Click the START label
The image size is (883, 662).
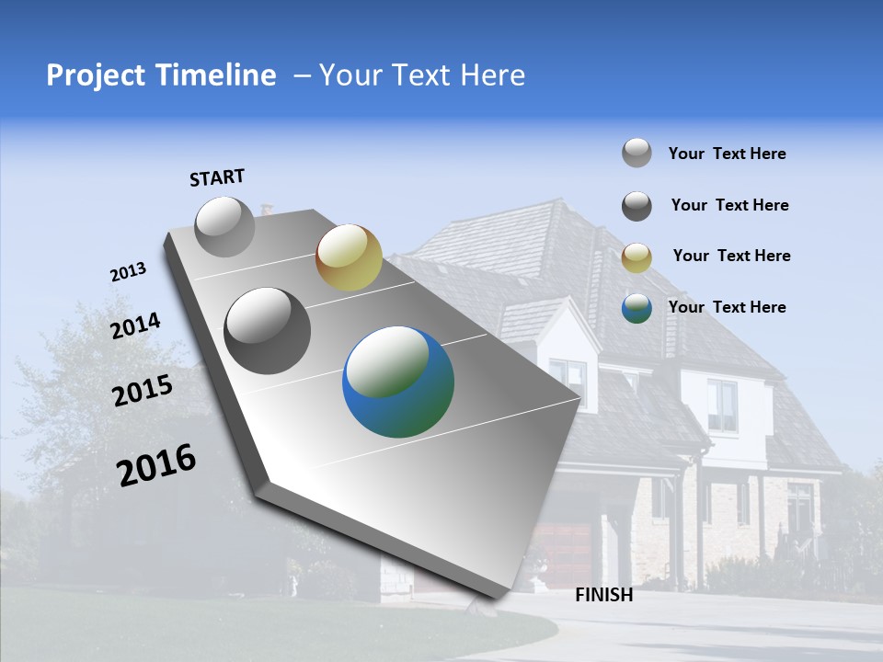pyautogui.click(x=217, y=177)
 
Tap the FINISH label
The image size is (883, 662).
pyautogui.click(x=603, y=595)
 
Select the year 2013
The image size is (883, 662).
pyautogui.click(x=128, y=272)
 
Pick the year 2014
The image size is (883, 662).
pyautogui.click(x=136, y=325)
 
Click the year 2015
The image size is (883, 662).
pyautogui.click(x=142, y=391)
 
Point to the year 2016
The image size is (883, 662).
pyautogui.click(x=156, y=464)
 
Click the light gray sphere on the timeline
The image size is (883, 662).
pyautogui.click(x=225, y=226)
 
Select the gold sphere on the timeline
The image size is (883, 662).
pyautogui.click(x=349, y=257)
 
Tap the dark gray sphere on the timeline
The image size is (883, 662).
pyautogui.click(x=268, y=331)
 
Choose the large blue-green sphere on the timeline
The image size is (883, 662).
pyautogui.click(x=398, y=382)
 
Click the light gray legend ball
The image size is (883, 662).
pyautogui.click(x=636, y=153)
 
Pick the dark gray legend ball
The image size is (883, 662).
pyautogui.click(x=636, y=206)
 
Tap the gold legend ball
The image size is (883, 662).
pyautogui.click(x=636, y=257)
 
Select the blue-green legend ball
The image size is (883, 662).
pyautogui.click(x=636, y=308)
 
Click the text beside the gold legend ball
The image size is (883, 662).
pyautogui.click(x=731, y=256)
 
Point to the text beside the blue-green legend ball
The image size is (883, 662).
pyautogui.click(x=727, y=307)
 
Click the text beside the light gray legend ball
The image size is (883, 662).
pyautogui.click(x=727, y=154)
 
